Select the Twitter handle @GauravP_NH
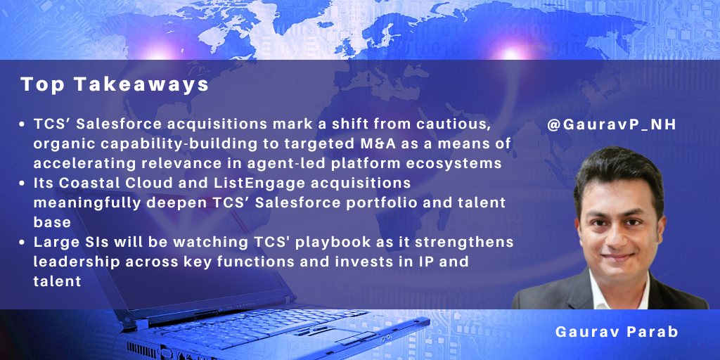(612, 125)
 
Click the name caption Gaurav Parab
(616, 332)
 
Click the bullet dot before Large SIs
(22, 243)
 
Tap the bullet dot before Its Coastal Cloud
(22, 184)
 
